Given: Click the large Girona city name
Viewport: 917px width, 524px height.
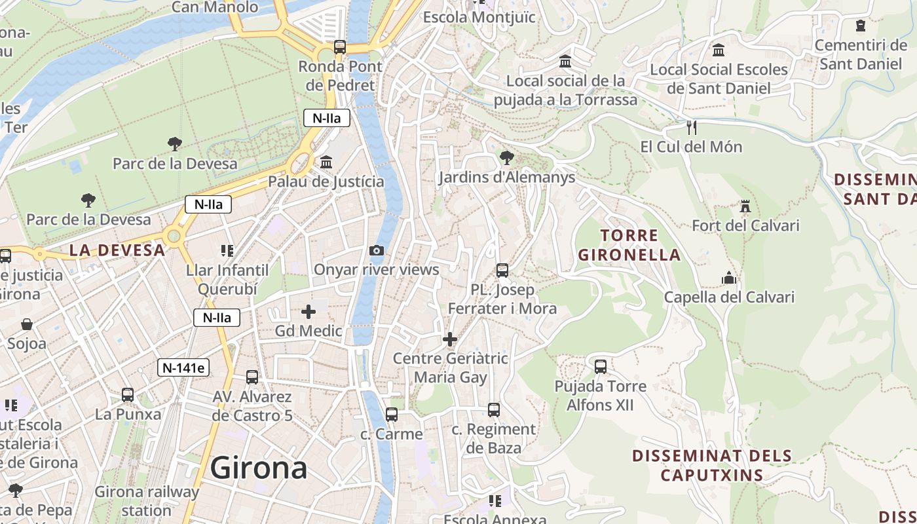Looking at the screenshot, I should (x=259, y=468).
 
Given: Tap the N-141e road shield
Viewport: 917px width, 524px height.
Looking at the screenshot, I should (x=183, y=368).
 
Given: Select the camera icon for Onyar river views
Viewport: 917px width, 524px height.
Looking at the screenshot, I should (x=377, y=250).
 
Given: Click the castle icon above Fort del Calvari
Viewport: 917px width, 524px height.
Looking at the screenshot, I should (x=745, y=207).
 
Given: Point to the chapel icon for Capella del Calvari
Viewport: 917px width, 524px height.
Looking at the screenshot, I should (x=729, y=278).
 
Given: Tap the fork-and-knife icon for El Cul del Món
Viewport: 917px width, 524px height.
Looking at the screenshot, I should (x=691, y=127).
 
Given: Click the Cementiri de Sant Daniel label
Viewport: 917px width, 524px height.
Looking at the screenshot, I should (x=860, y=55).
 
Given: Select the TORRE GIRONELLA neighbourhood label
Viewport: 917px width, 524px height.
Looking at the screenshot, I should (x=629, y=245).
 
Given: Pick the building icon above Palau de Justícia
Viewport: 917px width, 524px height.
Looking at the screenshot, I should (x=326, y=162).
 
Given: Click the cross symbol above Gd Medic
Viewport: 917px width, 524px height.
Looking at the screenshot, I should (x=309, y=312).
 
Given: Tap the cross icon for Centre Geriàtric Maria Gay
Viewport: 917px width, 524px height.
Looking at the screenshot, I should (x=450, y=339).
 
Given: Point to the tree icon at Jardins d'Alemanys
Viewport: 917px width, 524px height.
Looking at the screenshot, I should (x=506, y=157).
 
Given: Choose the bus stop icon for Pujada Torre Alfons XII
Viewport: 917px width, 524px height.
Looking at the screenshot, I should (x=601, y=367).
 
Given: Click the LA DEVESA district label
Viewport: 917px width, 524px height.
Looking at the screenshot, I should (x=117, y=250).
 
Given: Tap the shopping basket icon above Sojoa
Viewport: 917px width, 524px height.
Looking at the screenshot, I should (x=27, y=324).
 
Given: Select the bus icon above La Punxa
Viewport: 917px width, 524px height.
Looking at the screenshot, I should (x=128, y=395).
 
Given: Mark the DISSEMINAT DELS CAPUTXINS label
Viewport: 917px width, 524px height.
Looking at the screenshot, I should (x=712, y=465).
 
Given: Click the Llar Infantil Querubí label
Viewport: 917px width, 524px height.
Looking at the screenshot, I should (x=227, y=280).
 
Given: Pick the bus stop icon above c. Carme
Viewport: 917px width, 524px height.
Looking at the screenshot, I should (x=392, y=415).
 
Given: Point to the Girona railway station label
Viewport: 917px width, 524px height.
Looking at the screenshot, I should (x=147, y=501).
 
